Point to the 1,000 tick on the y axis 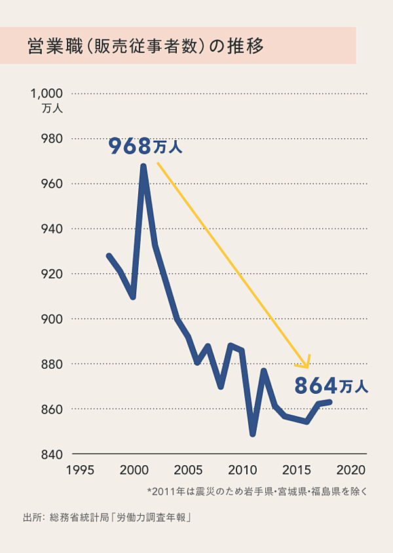(46, 94)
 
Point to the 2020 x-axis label (352, 470)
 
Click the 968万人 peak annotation (145, 146)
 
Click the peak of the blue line (143, 166)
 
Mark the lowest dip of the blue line (253, 434)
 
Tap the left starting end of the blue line (109, 256)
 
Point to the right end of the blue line (330, 402)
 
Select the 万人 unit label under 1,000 (52, 109)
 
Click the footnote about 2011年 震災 (258, 491)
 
